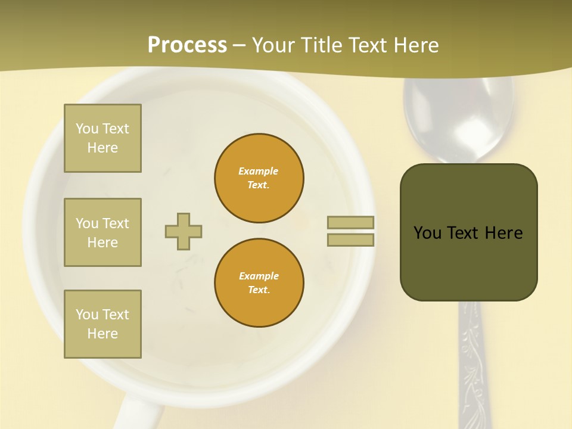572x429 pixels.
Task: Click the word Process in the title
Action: coord(187,45)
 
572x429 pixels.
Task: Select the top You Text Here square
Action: coord(102,138)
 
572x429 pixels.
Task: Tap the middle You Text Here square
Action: coord(102,232)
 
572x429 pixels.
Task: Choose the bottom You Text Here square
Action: coord(102,324)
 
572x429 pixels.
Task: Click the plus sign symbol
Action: coord(184,231)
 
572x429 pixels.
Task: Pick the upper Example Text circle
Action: coord(259,178)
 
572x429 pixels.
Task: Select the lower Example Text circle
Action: coord(259,283)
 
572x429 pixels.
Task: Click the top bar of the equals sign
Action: coord(350,222)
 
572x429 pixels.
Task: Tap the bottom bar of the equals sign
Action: coord(350,240)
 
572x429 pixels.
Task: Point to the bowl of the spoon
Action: coord(458,119)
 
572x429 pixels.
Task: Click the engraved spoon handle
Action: coord(472,369)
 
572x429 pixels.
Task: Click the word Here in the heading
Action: coord(415,45)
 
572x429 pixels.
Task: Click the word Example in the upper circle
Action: coord(259,171)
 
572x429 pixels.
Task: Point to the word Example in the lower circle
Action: coord(259,276)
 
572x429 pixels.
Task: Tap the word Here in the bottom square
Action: coord(102,334)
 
